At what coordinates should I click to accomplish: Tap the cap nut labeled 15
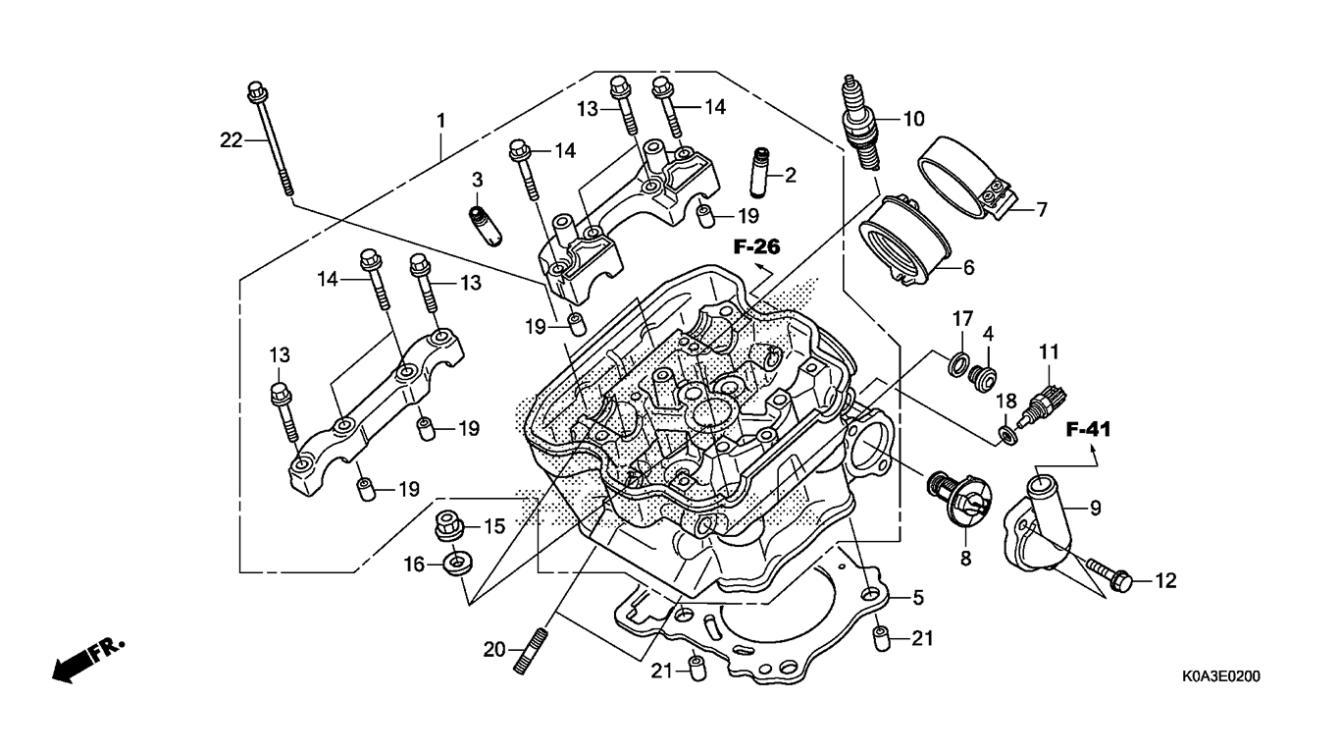449,526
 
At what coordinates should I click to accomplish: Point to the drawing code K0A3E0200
1220,676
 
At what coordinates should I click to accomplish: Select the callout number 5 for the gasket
918,597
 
